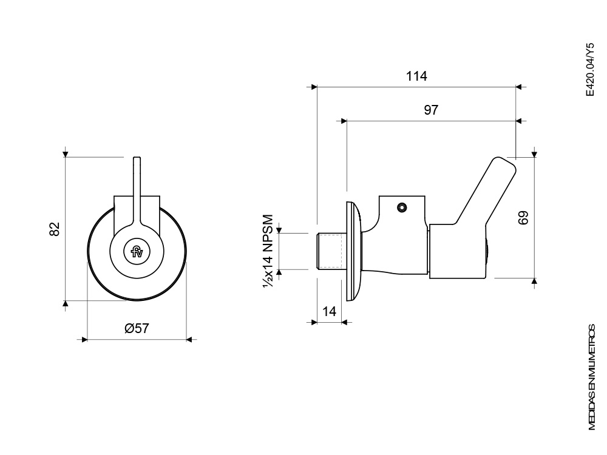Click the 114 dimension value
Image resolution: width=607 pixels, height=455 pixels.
pyautogui.click(x=416, y=76)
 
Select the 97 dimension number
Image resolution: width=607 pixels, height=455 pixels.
pyautogui.click(x=431, y=110)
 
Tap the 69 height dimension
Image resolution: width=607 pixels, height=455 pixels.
pyautogui.click(x=523, y=217)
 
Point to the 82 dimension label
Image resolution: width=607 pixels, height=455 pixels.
pyautogui.click(x=55, y=229)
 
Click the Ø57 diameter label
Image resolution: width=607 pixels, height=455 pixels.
pyautogui.click(x=137, y=328)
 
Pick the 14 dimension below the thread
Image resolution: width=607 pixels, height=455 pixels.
pyautogui.click(x=329, y=311)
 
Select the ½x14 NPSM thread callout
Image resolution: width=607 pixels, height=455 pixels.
pyautogui.click(x=268, y=251)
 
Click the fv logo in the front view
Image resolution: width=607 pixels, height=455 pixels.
pyautogui.click(x=137, y=252)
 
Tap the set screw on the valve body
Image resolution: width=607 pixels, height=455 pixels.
pyautogui.click(x=402, y=207)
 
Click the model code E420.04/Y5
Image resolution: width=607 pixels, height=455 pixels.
pyautogui.click(x=589, y=70)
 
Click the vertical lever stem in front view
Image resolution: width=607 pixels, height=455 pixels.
pyautogui.click(x=137, y=189)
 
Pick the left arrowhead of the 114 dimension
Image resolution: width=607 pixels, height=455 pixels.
pyautogui.click(x=314, y=87)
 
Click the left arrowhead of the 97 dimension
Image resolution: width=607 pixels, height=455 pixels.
pyautogui.click(x=344, y=121)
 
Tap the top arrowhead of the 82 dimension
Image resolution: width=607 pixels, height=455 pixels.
pyautogui.click(x=66, y=155)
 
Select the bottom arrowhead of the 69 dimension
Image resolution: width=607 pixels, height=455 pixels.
pyautogui.click(x=535, y=281)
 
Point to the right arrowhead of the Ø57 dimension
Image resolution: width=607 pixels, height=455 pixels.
pyautogui.click(x=189, y=340)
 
